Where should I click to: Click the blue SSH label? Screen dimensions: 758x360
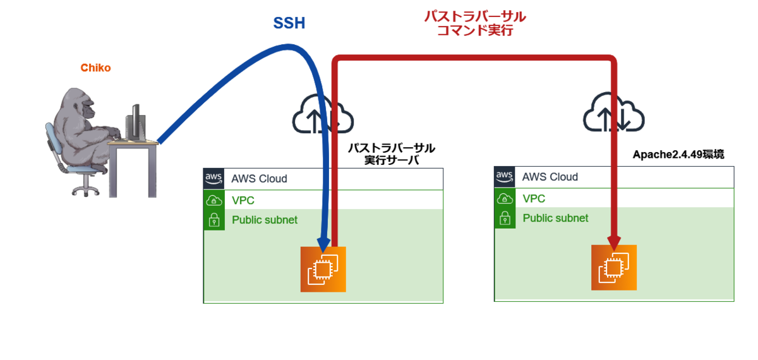pyautogui.click(x=289, y=23)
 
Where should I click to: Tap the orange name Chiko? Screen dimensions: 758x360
pyautogui.click(x=95, y=68)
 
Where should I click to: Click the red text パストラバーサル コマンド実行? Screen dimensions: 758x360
pyautogui.click(x=475, y=23)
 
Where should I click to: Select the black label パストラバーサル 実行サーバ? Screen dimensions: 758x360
pyautogui.click(x=392, y=154)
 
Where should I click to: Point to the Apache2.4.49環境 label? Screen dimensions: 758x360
pyautogui.click(x=678, y=154)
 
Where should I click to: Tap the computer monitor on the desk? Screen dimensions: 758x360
pyautogui.click(x=136, y=122)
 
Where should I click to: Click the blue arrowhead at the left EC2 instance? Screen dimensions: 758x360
pyautogui.click(x=324, y=244)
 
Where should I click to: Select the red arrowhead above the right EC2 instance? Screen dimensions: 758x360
pyautogui.click(x=614, y=243)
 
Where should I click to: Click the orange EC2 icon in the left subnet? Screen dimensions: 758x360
pyautogui.click(x=323, y=269)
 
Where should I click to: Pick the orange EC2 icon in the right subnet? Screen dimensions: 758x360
pyautogui.click(x=614, y=268)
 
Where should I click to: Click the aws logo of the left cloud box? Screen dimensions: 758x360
pyautogui.click(x=214, y=178)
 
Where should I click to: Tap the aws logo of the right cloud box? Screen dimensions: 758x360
pyautogui.click(x=505, y=177)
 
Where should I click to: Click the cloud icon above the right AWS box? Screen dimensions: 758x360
pyautogui.click(x=614, y=112)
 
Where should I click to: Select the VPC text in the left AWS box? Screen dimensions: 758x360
pyautogui.click(x=243, y=200)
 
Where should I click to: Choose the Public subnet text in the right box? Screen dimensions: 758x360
pyautogui.click(x=555, y=219)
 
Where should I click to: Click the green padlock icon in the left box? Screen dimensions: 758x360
pyautogui.click(x=214, y=220)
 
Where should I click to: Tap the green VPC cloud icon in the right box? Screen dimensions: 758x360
pyautogui.click(x=505, y=198)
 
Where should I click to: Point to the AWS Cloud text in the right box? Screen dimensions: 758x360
pyautogui.click(x=550, y=177)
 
